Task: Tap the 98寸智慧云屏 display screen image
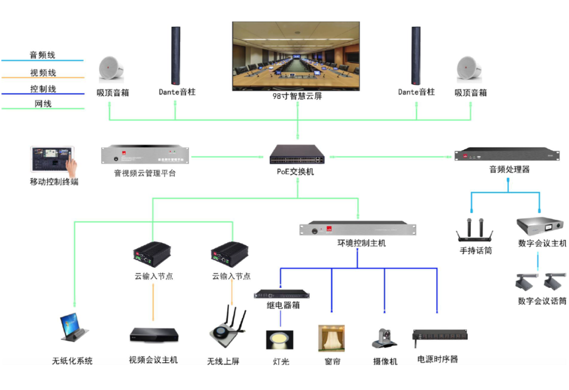[296, 56]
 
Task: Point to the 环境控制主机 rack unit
[358, 229]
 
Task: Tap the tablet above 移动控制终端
[53, 161]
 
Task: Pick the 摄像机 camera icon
[385, 339]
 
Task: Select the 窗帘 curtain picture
[331, 338]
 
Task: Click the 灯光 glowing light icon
[279, 339]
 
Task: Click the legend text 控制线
[43, 89]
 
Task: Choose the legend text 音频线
[42, 55]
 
